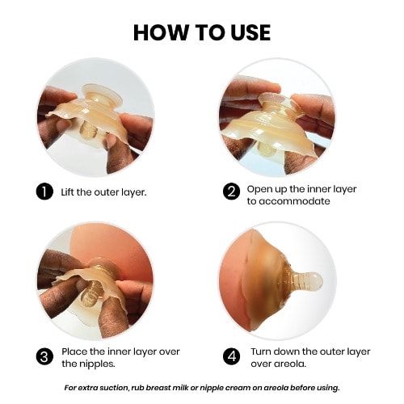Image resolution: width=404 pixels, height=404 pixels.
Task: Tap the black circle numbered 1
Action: click(44, 191)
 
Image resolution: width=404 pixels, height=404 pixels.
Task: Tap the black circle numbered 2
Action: click(231, 191)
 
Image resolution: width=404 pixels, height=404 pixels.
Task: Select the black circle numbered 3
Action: click(44, 357)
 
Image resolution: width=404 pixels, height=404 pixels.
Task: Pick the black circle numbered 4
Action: click(232, 357)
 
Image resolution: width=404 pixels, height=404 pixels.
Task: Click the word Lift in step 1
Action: click(67, 192)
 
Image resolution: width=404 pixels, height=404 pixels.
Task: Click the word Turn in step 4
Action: click(261, 351)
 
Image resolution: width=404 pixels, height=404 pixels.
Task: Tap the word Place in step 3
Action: click(74, 351)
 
